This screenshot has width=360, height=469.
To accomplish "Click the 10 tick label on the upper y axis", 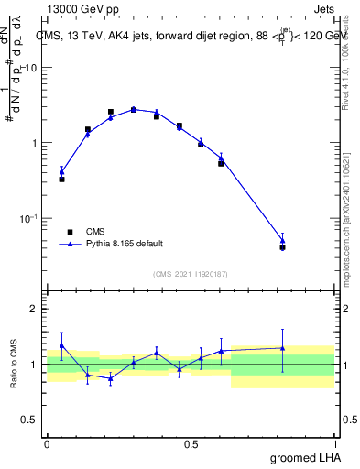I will [x=30, y=68].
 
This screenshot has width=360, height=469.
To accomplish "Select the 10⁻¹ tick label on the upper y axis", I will [x=28, y=218].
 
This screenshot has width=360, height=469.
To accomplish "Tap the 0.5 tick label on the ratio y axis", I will [x=30, y=420].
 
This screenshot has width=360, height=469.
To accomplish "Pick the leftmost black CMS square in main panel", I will [x=61, y=179].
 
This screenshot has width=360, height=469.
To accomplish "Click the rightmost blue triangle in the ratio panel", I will [x=282, y=348].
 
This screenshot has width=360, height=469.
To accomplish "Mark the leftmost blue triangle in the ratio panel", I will [x=61, y=345].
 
